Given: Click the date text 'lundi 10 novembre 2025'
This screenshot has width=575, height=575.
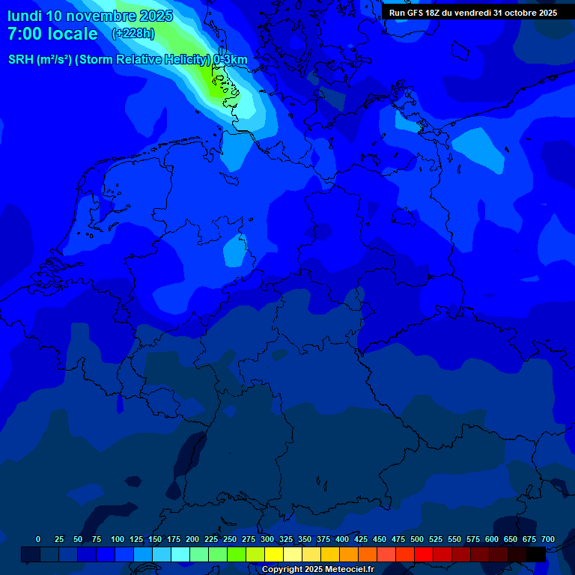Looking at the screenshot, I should (90, 16).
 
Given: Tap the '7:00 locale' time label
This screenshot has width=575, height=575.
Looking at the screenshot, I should (52, 34).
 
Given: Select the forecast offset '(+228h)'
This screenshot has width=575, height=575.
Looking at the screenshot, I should (134, 34).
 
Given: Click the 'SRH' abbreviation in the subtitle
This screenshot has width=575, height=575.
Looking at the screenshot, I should (20, 60).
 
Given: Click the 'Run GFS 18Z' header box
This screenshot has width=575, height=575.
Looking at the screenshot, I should (472, 12).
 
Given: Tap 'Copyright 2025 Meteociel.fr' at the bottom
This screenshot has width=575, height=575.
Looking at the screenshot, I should (317, 569).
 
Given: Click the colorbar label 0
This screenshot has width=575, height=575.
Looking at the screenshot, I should (38, 539).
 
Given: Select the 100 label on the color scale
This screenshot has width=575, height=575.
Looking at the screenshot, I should (117, 539).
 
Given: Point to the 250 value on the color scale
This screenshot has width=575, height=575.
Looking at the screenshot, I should (229, 539).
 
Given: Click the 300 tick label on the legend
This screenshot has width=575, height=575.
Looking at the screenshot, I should (267, 539).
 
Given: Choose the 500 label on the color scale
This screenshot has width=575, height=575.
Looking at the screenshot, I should (416, 539).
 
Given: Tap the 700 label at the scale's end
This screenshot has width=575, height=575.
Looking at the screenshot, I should (547, 539).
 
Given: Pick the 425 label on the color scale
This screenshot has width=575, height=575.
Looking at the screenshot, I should (360, 539).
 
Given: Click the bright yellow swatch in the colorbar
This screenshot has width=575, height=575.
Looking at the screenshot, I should (274, 554).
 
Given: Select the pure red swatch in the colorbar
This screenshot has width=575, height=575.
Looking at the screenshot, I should (424, 554).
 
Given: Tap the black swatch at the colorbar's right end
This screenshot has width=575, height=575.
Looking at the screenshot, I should (536, 554).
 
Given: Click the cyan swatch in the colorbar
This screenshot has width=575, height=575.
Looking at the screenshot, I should (180, 554).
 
